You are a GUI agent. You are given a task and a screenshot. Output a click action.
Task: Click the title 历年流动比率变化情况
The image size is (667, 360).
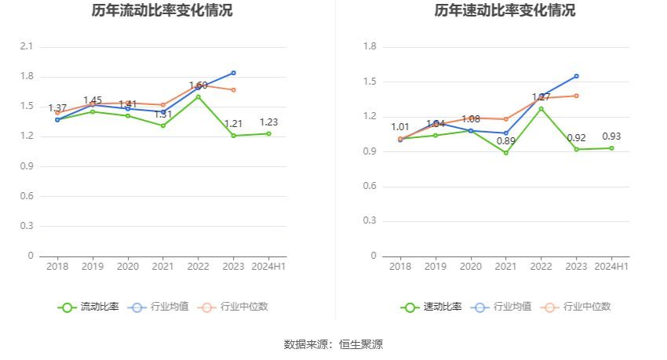tap(162, 11)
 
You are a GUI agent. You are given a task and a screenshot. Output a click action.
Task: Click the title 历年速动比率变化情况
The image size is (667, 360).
tap(505, 11)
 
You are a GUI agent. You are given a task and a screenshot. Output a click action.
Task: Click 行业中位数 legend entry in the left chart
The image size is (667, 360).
tap(235, 307)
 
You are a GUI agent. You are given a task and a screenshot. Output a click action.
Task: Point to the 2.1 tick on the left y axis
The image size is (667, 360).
tap(27, 47)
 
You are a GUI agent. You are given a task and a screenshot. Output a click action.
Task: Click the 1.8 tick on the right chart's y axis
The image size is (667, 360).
tap(370, 47)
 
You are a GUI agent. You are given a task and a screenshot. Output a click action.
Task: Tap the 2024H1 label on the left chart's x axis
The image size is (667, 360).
tap(268, 267)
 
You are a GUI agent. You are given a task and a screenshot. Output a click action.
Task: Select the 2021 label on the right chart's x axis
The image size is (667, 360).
tap(505, 267)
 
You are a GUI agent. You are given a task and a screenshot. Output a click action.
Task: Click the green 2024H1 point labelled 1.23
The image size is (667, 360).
tap(268, 133)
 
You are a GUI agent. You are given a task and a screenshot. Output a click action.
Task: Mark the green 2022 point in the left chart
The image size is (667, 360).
tap(198, 96)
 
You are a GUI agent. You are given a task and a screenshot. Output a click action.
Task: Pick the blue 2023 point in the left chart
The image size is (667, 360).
tap(233, 73)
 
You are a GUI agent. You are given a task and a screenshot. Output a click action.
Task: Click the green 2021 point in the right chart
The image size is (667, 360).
tap(505, 153)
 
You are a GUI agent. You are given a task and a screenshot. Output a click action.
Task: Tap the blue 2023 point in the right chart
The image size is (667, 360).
tap(576, 76)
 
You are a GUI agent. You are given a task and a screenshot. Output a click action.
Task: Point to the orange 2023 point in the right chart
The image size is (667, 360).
tap(576, 96)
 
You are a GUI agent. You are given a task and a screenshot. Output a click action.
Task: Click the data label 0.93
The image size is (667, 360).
tap(611, 136)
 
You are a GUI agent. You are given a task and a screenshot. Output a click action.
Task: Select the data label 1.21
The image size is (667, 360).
tap(233, 124)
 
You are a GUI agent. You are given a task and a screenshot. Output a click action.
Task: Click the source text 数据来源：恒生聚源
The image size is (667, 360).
tap(333, 344)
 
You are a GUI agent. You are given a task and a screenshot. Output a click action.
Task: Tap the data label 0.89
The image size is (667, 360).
tap(505, 141)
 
